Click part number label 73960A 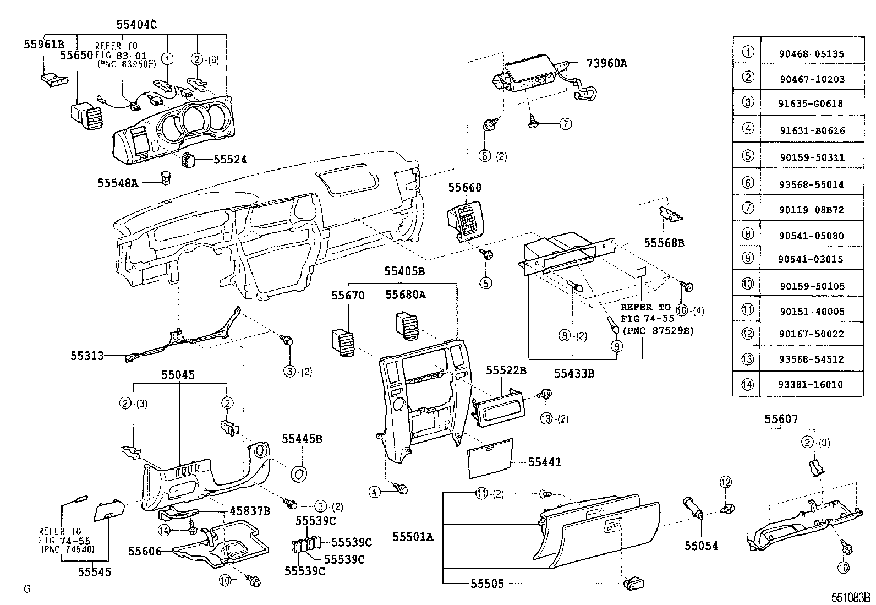pos(606,63)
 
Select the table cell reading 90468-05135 pos(812,54)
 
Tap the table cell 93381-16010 pos(812,384)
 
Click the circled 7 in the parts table pos(747,209)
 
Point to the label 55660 pos(464,187)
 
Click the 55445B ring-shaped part pos(299,473)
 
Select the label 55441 pos(544,462)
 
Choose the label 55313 pos(87,356)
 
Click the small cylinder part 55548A pos(166,178)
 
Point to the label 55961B pos(43,44)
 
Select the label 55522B pos(506,370)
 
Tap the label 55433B pos(574,374)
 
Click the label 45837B pos(249,511)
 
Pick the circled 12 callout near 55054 pos(726,483)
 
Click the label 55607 pos(780,419)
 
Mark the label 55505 pos(487,584)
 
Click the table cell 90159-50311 pos(812,157)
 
